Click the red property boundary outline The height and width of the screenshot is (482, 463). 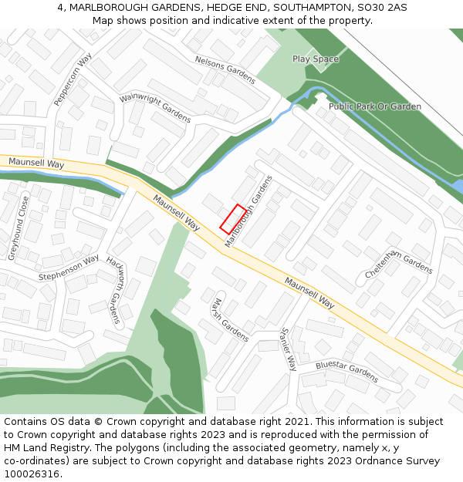tap(233, 218)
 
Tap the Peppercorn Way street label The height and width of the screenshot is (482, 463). tap(73, 79)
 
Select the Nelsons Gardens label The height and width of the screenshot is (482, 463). tap(225, 69)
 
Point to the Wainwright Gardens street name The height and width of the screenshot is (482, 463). tap(155, 109)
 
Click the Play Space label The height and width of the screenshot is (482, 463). tap(315, 59)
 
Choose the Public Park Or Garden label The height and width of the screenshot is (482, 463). tap(374, 106)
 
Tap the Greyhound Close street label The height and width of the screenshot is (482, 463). tap(19, 228)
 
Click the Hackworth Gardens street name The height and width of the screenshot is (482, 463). tap(114, 290)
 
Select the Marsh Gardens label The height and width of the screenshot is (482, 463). tap(230, 319)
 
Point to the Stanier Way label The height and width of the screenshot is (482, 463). tap(288, 349)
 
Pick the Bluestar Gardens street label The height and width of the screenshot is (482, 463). tap(346, 372)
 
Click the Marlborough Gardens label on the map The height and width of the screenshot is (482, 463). tap(249, 211)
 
